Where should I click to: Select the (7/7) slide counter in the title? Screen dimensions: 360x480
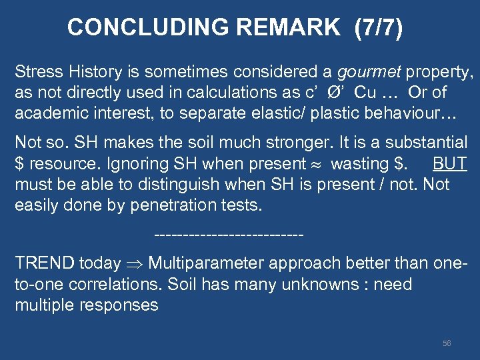click(x=379, y=27)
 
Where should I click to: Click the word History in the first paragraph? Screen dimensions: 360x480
click(x=80, y=72)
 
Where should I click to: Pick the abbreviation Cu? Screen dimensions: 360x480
click(x=365, y=93)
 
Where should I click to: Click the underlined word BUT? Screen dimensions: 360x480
click(x=450, y=164)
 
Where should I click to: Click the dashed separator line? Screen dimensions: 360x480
click(x=229, y=235)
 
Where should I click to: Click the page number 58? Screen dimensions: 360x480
click(x=447, y=343)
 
